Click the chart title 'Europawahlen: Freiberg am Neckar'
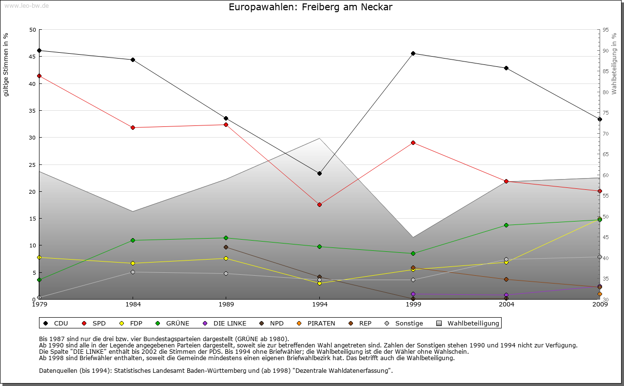pyautogui.click(x=311, y=7)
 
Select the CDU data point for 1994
pyautogui.click(x=319, y=173)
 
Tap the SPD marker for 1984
pyautogui.click(x=133, y=127)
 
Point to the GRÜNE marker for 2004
pyautogui.click(x=507, y=225)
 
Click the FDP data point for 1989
pyautogui.click(x=226, y=258)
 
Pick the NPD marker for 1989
pyautogui.click(x=226, y=247)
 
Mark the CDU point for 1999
pyautogui.click(x=413, y=53)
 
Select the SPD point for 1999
pyautogui.click(x=413, y=142)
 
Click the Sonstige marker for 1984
pyautogui.click(x=133, y=272)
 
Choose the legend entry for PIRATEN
pyautogui.click(x=316, y=323)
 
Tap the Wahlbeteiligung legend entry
pyautogui.click(x=468, y=323)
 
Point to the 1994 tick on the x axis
pyautogui.click(x=319, y=304)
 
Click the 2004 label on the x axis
pyautogui.click(x=507, y=304)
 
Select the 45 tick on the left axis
pyautogui.click(x=33, y=57)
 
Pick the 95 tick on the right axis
pyautogui.click(x=605, y=30)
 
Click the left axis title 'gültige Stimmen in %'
pyautogui.click(x=6, y=64)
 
